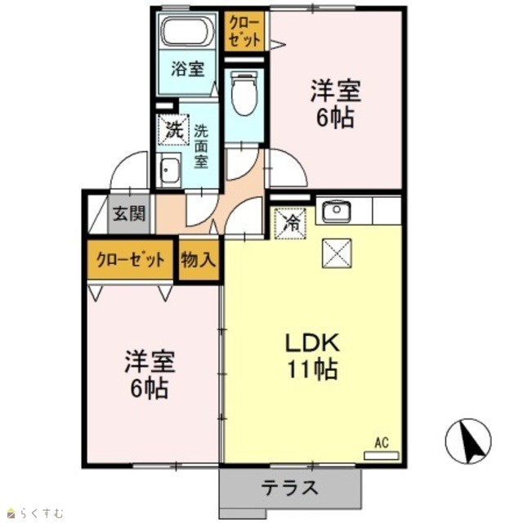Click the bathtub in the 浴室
tap(188, 31)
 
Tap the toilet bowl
tap(244, 94)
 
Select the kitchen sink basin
tap(336, 211)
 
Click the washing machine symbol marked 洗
tap(173, 130)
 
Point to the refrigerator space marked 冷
tap(290, 223)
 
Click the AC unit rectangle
tap(382, 455)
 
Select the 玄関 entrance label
tap(129, 214)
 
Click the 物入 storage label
tap(198, 260)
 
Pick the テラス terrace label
tap(289, 488)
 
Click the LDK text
tap(312, 342)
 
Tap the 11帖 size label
tap(312, 369)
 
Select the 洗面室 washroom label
tap(201, 146)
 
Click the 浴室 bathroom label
tap(188, 69)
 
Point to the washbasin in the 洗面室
tap(170, 170)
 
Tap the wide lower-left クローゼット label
tap(131, 260)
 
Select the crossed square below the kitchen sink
tap(337, 253)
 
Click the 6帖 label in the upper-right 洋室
tap(335, 118)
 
